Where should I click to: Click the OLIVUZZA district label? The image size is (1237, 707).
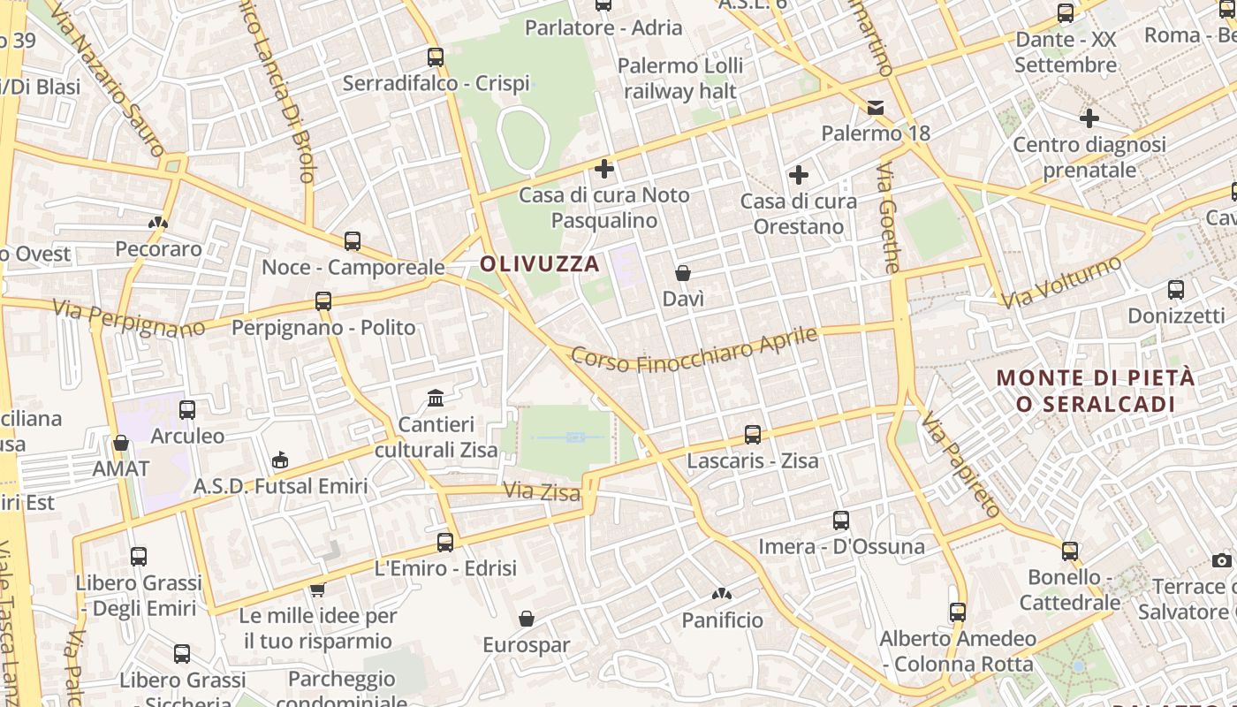point(540,263)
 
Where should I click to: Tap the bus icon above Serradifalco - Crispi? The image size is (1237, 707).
point(435,57)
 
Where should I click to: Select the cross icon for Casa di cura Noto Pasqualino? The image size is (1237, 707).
point(604,168)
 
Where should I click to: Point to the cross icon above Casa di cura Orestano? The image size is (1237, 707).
point(799,175)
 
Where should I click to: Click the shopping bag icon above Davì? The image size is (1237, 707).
point(683,273)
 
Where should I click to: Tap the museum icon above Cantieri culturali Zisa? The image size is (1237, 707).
point(436,399)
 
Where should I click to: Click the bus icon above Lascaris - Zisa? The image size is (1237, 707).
point(753,435)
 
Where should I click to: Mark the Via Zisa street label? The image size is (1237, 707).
point(542,491)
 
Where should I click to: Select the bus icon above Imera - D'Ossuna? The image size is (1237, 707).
point(841,521)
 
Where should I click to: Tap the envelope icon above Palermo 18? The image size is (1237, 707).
point(876,108)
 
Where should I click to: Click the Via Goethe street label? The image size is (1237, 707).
point(890,217)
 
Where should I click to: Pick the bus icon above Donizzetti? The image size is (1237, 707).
point(1176,290)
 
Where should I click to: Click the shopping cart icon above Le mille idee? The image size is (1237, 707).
point(318,589)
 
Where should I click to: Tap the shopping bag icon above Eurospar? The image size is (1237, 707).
point(527,619)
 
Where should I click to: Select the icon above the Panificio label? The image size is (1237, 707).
point(722,595)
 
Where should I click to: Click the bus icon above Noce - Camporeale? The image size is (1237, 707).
point(353,240)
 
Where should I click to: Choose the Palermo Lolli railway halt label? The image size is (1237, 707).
point(680,78)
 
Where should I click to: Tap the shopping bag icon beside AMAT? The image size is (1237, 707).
point(121,443)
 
